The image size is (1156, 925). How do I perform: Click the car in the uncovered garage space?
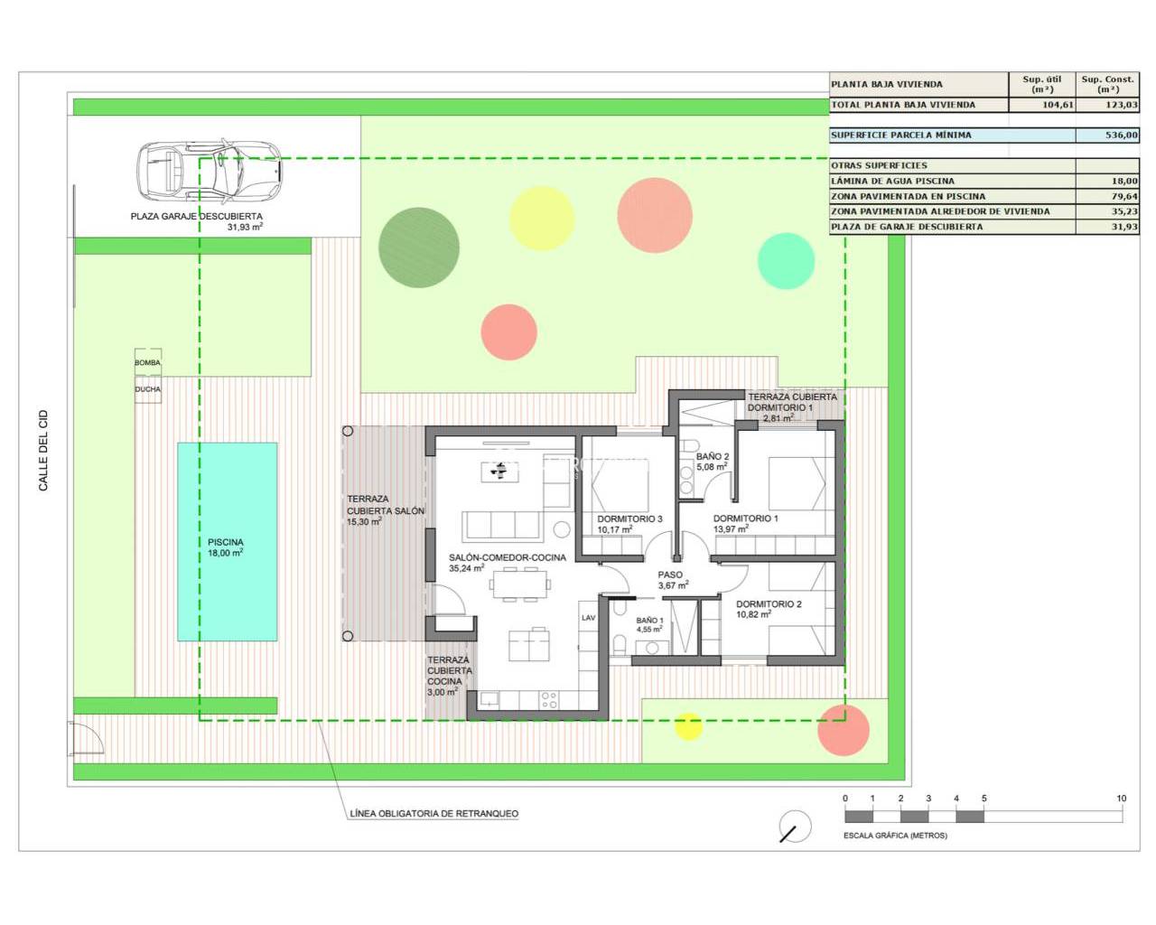coord(209,169)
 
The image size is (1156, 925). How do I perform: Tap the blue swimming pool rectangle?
coord(228,541)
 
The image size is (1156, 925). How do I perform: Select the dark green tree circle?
coord(418,248)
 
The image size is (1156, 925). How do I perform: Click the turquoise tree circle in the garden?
coord(786,261)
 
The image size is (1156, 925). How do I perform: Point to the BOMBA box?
coord(148,362)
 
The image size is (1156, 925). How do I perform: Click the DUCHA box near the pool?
coord(148,389)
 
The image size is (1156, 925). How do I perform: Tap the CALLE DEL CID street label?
coord(43,451)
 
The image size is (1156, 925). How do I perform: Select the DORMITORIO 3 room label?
coord(629,519)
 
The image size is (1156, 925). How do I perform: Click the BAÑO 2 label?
coord(713,456)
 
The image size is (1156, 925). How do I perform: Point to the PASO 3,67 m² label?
coord(673,580)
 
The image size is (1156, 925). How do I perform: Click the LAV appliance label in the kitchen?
coord(588,618)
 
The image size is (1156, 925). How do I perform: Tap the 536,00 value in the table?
coord(1121,135)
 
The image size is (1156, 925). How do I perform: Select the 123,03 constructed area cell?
coord(1121,105)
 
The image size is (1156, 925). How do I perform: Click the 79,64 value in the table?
coord(1124,196)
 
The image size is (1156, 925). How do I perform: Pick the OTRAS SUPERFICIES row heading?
coord(879,165)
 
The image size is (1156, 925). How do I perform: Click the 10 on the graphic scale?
coord(1121,799)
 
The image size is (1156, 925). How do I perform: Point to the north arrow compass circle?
coord(795,827)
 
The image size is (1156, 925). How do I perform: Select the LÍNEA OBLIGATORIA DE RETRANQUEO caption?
coord(434,813)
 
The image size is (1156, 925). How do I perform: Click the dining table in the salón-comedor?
coord(520,584)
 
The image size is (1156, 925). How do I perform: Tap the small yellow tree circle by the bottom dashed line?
coord(688,726)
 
